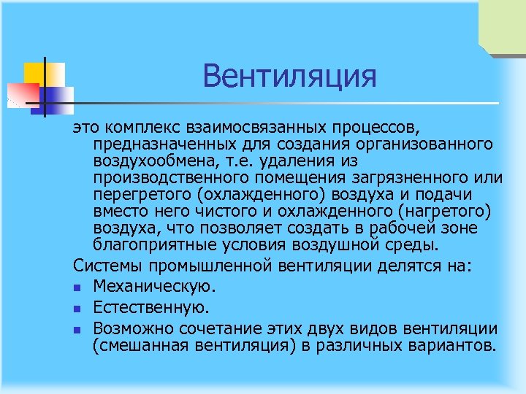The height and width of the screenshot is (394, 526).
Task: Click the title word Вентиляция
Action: pyautogui.click(x=290, y=76)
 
